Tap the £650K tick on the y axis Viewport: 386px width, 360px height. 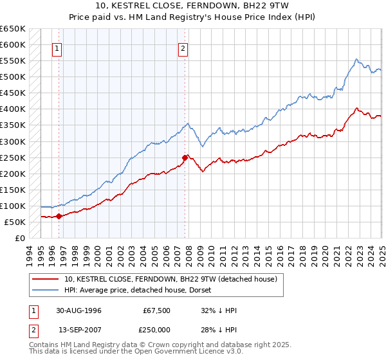point(13,29)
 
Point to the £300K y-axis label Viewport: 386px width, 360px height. point(13,141)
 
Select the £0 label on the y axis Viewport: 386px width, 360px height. point(19,239)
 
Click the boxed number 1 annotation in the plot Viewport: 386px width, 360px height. point(57,48)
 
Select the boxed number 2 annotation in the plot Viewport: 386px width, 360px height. point(183,48)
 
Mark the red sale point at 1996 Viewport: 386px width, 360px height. point(59,216)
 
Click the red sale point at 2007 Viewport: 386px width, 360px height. point(185,157)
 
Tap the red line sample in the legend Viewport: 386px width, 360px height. point(46,279)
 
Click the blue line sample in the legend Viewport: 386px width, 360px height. point(46,290)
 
